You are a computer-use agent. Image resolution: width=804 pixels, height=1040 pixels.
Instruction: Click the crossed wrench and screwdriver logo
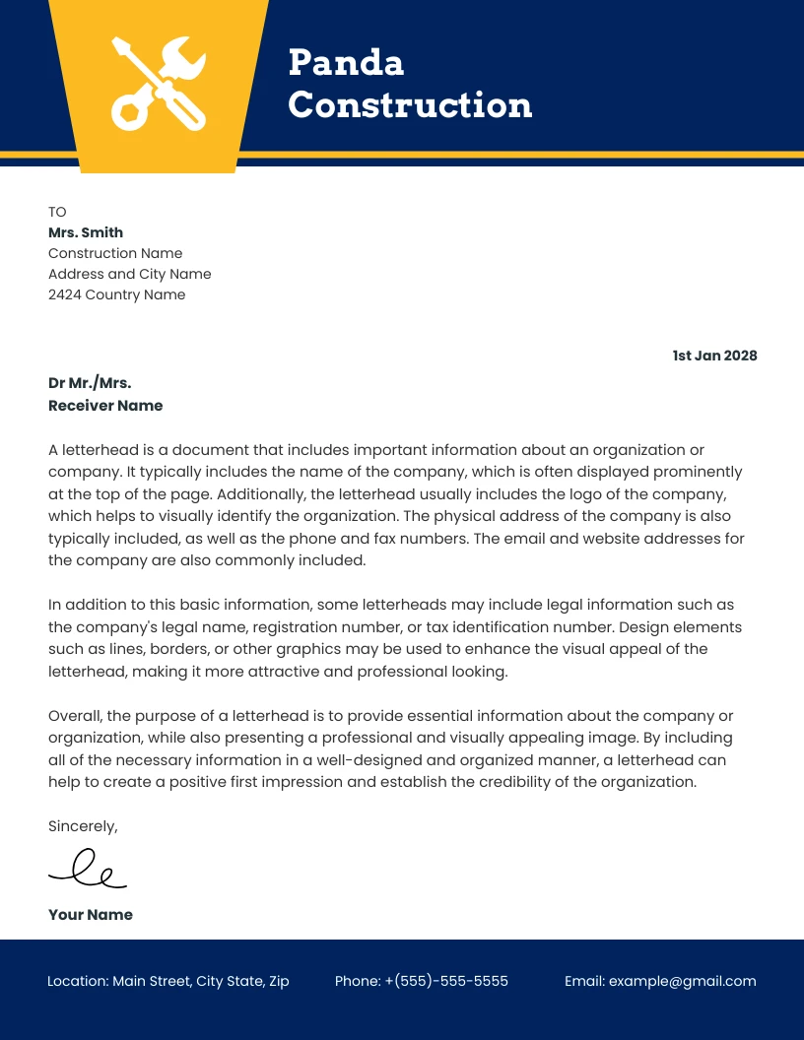(158, 83)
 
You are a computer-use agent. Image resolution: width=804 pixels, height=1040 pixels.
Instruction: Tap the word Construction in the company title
(410, 105)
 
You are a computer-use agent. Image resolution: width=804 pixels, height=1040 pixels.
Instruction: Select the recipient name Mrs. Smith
(86, 232)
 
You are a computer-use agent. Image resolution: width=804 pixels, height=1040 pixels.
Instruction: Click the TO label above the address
(57, 212)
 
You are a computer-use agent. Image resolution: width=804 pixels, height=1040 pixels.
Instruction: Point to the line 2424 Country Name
(116, 294)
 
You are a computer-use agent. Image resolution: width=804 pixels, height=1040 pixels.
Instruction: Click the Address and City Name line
(129, 274)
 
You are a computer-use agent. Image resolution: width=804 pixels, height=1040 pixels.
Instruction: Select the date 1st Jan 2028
(714, 356)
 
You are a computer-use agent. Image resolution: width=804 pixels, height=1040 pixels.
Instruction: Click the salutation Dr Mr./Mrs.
(90, 383)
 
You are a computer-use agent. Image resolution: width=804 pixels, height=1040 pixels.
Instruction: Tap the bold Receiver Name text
(105, 406)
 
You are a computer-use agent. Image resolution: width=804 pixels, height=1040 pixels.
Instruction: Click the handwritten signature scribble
(88, 869)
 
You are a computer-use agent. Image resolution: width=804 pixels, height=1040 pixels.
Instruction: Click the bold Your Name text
(90, 915)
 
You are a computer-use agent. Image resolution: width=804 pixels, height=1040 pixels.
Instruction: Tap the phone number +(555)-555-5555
(445, 981)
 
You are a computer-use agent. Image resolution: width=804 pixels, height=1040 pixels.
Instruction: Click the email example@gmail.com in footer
(682, 981)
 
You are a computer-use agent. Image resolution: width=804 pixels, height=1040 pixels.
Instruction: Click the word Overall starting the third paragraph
(75, 716)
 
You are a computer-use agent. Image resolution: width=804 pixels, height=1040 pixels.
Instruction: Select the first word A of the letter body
(54, 449)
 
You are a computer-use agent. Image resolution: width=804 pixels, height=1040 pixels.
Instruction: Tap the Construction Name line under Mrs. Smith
(115, 253)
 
